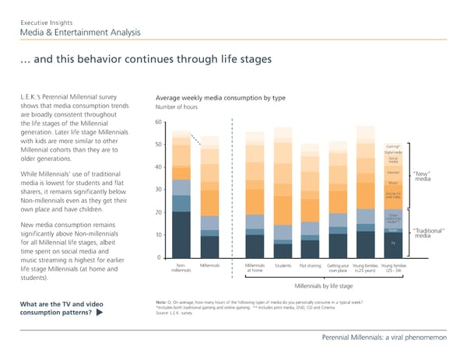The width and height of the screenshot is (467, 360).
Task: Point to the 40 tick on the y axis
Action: (158, 167)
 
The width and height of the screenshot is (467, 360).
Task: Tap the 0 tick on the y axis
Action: (160, 258)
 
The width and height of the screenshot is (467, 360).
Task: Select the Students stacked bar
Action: (283, 194)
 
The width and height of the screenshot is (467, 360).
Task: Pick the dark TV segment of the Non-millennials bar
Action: (181, 234)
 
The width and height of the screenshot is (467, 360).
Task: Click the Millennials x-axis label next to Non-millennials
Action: (209, 266)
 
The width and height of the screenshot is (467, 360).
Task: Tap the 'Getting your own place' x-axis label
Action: (338, 268)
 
